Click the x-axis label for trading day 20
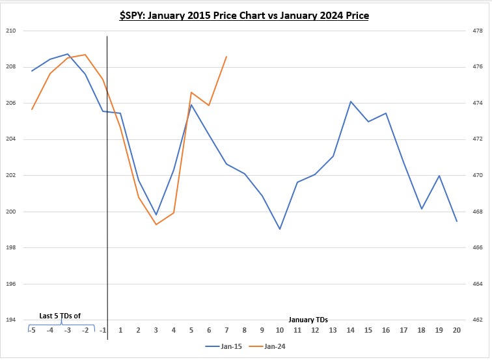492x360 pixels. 457,330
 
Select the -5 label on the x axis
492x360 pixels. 32,330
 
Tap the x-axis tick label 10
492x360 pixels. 280,330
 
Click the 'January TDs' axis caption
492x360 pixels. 309,320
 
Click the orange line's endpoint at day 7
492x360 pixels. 226,57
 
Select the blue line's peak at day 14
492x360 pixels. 351,102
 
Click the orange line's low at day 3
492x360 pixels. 156,225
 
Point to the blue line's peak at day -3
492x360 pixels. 68,54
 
